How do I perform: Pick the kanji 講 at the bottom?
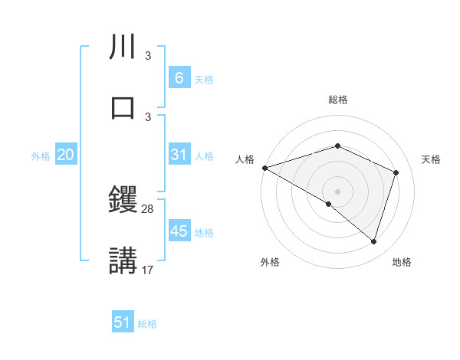(x=124, y=259)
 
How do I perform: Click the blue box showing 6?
(x=179, y=78)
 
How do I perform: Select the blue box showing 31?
(x=179, y=155)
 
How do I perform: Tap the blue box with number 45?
(x=179, y=231)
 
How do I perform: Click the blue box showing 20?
(x=66, y=155)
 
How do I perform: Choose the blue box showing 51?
(x=123, y=322)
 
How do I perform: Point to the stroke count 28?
(x=148, y=209)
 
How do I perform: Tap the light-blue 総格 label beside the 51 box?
(x=148, y=323)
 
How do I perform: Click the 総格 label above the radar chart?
(x=338, y=100)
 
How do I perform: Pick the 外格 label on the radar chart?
(x=270, y=262)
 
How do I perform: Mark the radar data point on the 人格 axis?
(x=264, y=168)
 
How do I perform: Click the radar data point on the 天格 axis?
(x=396, y=172)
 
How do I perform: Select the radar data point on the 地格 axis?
(x=373, y=241)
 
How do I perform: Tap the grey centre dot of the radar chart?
(x=338, y=191)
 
